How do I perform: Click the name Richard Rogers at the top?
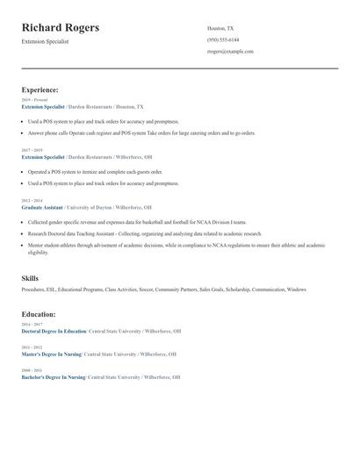(61, 28)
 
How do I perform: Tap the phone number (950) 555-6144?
(223, 39)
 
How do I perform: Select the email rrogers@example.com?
(230, 52)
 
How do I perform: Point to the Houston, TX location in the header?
(220, 28)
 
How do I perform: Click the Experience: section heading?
(40, 89)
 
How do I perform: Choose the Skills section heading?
(30, 278)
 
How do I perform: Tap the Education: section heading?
(39, 313)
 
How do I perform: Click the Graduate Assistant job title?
(42, 207)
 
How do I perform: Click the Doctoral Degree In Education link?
(54, 332)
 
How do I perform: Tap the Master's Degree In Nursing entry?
(51, 354)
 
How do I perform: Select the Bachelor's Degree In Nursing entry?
(54, 377)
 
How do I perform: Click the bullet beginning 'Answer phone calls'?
(140, 133)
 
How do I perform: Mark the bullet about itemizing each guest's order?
(95, 172)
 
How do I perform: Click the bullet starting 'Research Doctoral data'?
(144, 234)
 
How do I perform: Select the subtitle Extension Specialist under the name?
(46, 41)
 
